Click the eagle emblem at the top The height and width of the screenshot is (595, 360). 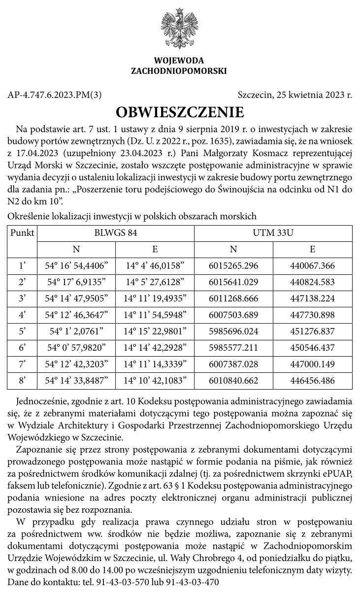pos(179,27)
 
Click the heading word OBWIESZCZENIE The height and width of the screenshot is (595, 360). pos(180,112)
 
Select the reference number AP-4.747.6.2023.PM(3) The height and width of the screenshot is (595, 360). pos(55,95)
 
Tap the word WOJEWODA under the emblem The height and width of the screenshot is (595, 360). pos(179,61)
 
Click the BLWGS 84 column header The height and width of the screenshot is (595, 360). pos(116,233)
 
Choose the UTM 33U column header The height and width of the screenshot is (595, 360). pos(273,233)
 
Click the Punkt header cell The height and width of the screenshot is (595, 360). pos(22,233)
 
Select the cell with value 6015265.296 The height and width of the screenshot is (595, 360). pos(233,266)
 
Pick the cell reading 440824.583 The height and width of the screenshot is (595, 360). pos(313,282)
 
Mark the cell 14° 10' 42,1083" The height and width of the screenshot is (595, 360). pos(155,381)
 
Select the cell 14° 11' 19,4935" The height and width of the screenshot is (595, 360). pos(155,299)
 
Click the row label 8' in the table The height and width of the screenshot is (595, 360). pos(22,381)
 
